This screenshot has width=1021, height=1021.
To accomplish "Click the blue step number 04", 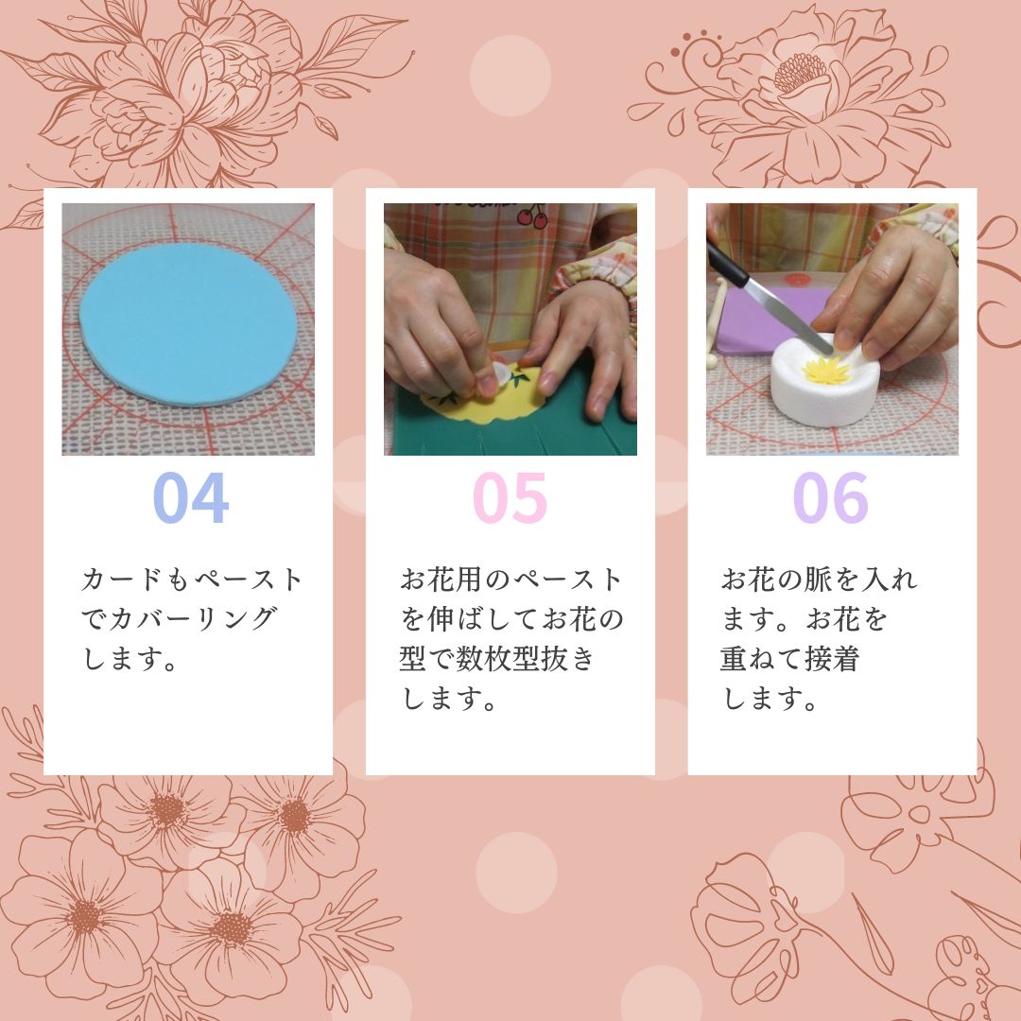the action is click(191, 497).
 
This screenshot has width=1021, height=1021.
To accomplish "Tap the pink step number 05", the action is click(510, 497).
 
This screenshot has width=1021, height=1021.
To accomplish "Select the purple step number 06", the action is click(830, 497).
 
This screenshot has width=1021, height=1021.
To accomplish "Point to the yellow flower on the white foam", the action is click(826, 370).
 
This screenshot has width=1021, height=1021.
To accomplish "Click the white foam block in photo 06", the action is click(825, 384).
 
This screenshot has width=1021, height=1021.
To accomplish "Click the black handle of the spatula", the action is click(727, 263).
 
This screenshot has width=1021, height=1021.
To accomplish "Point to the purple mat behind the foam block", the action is click(769, 320).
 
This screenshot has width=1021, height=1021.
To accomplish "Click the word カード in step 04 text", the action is click(122, 579).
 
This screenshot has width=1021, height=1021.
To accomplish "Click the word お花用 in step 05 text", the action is click(441, 579).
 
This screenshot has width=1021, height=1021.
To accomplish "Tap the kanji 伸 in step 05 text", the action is click(441, 618).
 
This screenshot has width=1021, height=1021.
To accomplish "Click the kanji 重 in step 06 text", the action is click(734, 659).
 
